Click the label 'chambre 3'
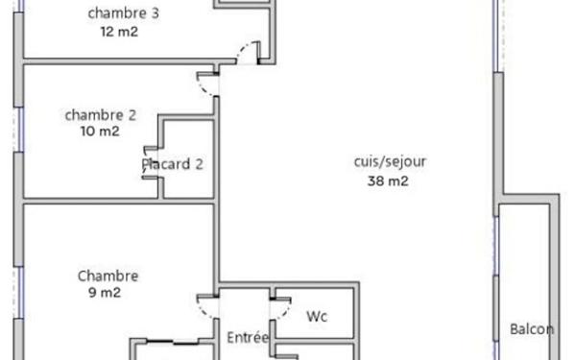click(124, 13)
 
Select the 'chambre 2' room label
click(100, 115)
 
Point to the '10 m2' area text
click(100, 132)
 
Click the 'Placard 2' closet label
click(173, 164)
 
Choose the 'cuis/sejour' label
click(390, 161)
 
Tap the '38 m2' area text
click(389, 180)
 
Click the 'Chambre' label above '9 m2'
click(108, 276)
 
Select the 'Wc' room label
click(317, 316)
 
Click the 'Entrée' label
click(248, 338)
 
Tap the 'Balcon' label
click(532, 329)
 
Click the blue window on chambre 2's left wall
click(17, 128)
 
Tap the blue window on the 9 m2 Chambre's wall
click(17, 293)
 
